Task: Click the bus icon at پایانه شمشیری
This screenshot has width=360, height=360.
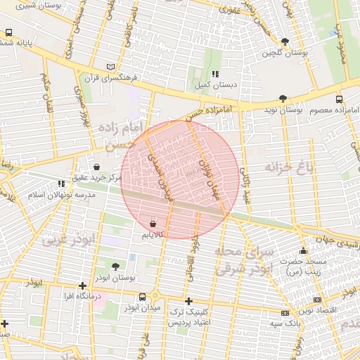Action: (8, 32)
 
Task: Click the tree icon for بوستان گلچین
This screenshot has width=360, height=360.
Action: (284, 41)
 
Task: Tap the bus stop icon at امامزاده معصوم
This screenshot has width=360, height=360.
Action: (339, 100)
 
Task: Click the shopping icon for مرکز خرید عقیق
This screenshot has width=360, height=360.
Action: (96, 167)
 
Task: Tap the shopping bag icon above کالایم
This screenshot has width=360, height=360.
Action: (153, 223)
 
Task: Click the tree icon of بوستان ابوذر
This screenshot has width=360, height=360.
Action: (115, 266)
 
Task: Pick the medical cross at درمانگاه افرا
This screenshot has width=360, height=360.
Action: (83, 285)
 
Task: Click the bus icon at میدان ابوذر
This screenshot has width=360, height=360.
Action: (143, 297)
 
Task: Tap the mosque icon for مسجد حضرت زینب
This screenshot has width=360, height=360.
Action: (303, 251)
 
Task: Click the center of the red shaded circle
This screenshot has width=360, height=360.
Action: (180, 179)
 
